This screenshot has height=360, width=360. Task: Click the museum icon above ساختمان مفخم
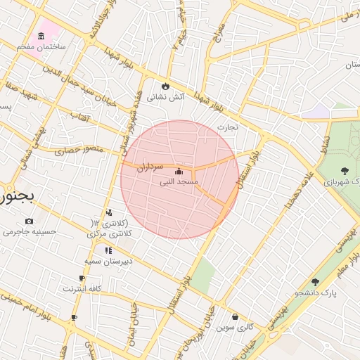point(42,34)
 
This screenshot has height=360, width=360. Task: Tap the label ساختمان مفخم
point(41,46)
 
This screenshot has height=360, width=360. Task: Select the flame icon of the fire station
point(166,86)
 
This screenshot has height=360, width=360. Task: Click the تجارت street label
point(227,127)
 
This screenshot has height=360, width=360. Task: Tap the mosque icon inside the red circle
point(179,171)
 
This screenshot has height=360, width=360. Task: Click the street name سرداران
point(150,167)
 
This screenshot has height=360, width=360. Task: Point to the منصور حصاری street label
point(79,150)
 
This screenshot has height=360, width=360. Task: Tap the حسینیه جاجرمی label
point(29,231)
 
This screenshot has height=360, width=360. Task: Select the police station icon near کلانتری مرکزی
point(108,212)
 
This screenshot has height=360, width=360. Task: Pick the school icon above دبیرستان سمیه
point(108,250)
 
